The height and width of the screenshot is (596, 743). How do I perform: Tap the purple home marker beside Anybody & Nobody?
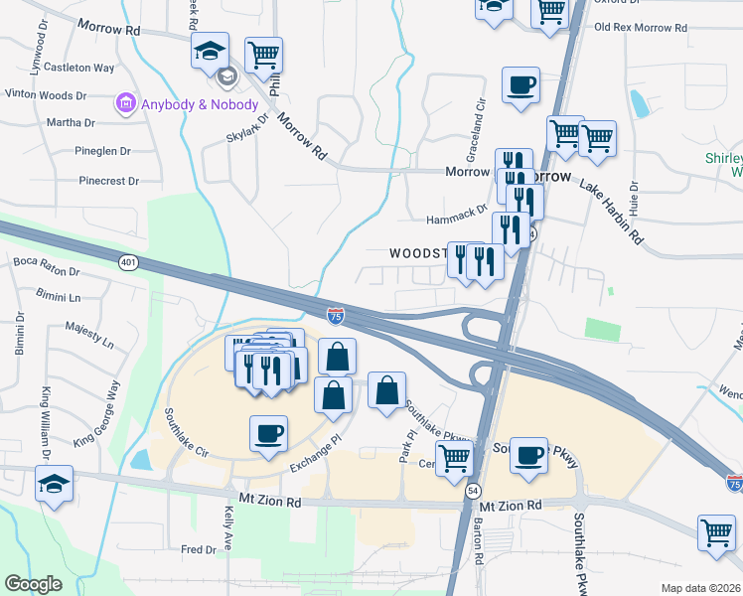[126, 103]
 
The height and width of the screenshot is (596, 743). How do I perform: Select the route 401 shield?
[126, 262]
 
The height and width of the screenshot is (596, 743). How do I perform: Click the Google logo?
[34, 583]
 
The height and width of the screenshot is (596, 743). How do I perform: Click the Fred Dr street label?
[198, 549]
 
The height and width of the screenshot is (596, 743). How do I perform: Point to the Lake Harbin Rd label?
[612, 213]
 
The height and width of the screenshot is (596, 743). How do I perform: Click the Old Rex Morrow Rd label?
[640, 27]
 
